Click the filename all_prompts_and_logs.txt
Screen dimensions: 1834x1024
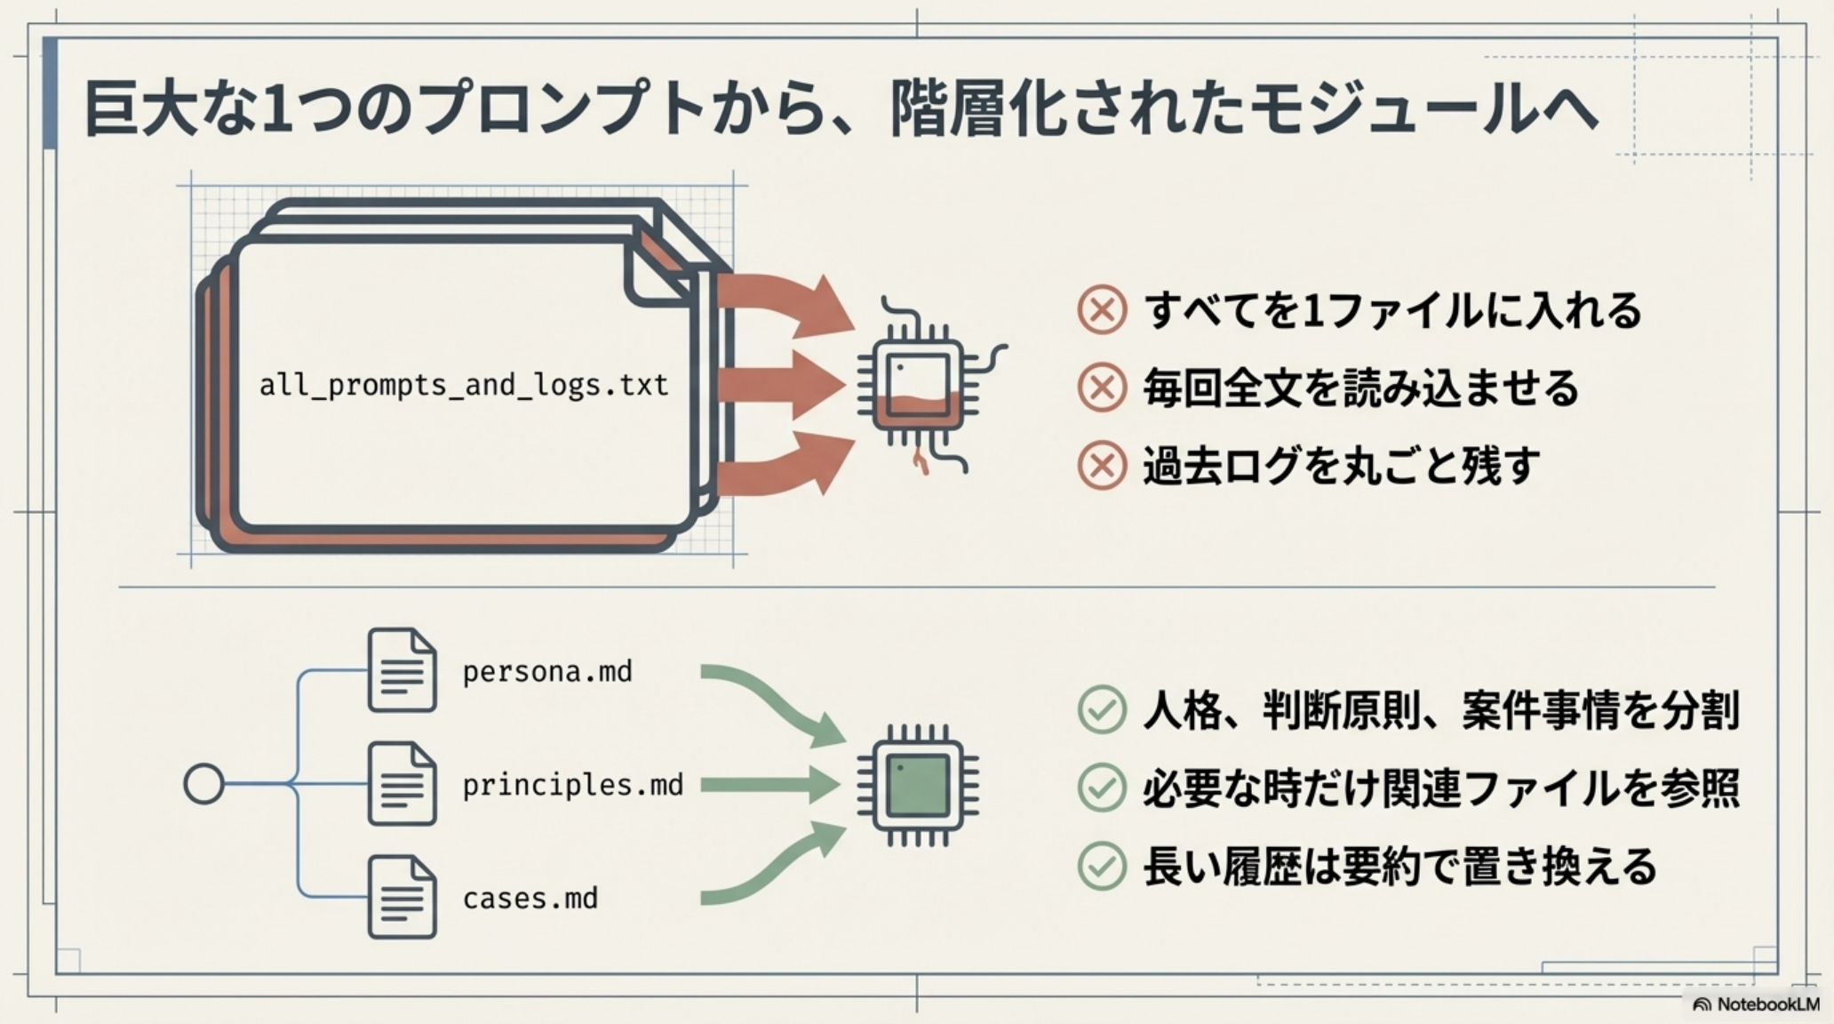coord(463,386)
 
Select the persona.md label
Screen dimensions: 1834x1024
coord(547,671)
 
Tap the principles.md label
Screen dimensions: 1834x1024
coord(572,785)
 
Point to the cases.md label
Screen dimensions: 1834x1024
coord(530,898)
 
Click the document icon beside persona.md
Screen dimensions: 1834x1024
coord(402,670)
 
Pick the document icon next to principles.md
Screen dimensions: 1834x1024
coord(402,784)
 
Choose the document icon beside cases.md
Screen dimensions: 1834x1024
coord(402,897)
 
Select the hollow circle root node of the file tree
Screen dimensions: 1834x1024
coord(203,784)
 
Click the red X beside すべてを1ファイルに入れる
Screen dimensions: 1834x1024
coord(1102,309)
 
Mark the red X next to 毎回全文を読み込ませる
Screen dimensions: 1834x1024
coord(1102,388)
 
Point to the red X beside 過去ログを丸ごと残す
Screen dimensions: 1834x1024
coord(1102,465)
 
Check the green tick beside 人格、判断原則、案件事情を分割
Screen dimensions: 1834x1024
coord(1102,709)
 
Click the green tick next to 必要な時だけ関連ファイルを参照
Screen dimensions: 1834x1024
coord(1102,788)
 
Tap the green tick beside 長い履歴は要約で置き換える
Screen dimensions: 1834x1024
coord(1102,866)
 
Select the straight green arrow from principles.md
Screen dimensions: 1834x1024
coord(769,785)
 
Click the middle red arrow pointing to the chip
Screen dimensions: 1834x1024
coord(781,386)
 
